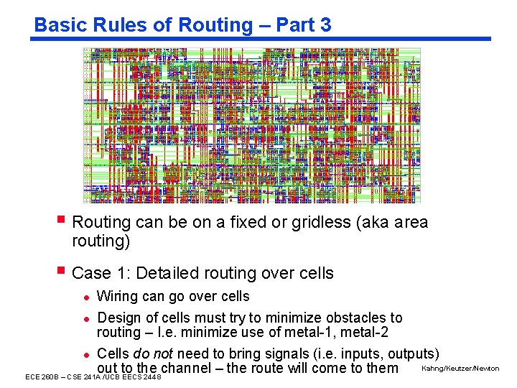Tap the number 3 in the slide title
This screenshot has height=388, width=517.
pos(325,25)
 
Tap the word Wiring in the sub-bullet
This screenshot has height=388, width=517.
pos(117,296)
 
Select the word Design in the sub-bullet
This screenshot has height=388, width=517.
pos(118,318)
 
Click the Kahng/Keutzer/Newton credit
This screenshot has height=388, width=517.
pos(460,369)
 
